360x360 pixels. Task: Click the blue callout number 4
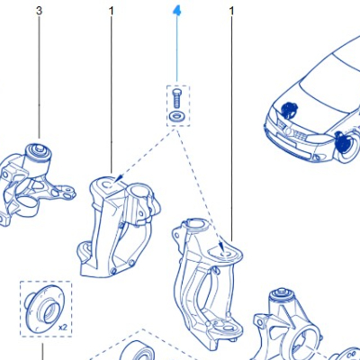tap(176, 12)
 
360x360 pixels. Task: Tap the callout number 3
tap(40, 12)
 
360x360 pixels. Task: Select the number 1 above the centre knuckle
tap(112, 12)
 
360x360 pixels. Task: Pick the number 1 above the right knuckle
tap(231, 12)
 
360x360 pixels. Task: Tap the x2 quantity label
tap(62, 328)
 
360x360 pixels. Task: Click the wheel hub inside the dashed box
tap(42, 306)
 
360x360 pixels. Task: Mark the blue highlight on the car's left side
tap(290, 109)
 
